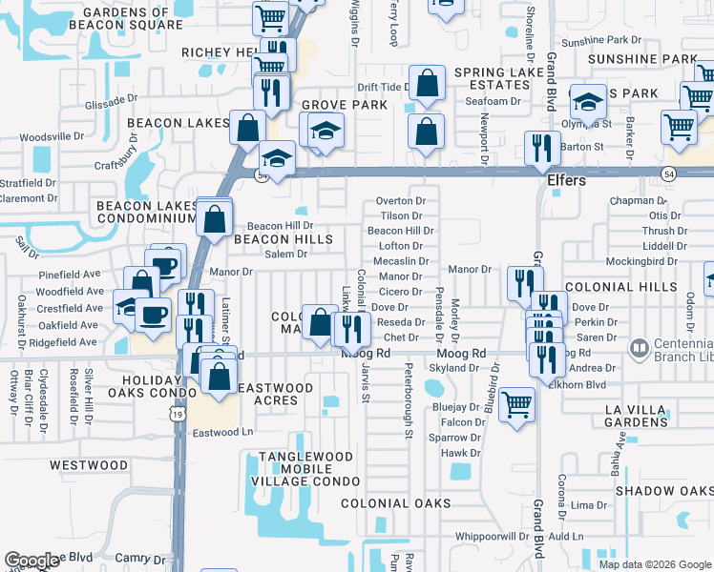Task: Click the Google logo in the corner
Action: point(31,561)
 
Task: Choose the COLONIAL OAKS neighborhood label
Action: point(396,503)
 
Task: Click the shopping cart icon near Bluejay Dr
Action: point(516,403)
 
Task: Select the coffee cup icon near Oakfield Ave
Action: point(153,316)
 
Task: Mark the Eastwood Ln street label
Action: point(222,432)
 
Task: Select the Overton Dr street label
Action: point(400,201)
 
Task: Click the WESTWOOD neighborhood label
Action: point(89,465)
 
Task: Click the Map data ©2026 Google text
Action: point(654,564)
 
